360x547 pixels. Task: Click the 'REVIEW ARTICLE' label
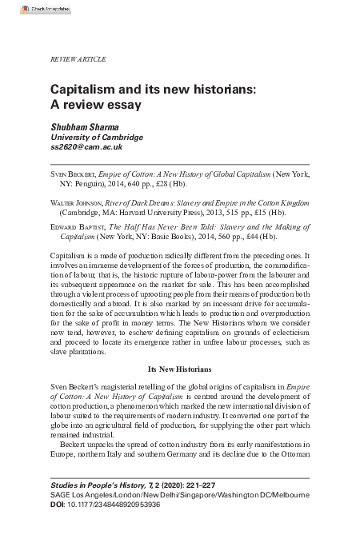(x=78, y=60)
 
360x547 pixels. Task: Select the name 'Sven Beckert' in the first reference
(x=72, y=172)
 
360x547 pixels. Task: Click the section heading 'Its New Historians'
(x=179, y=369)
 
